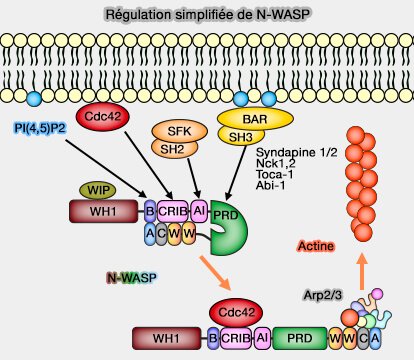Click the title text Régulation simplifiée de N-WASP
206,14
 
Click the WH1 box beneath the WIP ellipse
105,211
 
